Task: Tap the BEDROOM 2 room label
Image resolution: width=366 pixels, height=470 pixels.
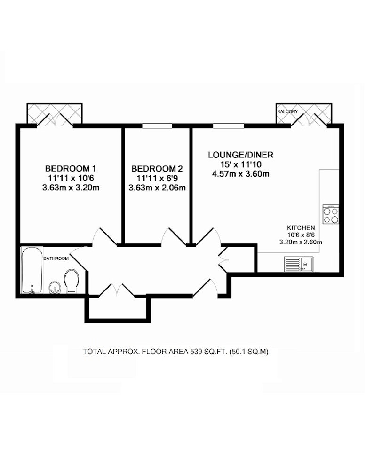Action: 157,169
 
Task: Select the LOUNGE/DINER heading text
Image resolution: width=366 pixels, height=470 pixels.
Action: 240,155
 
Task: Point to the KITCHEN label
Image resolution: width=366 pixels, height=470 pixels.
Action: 301,228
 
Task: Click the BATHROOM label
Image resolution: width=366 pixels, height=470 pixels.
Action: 56,258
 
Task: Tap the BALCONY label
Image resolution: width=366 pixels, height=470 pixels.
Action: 288,112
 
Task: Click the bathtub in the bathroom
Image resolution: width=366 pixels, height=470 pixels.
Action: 32,270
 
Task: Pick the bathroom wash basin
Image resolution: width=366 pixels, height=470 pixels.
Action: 55,288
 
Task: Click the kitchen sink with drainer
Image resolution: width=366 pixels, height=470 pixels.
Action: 298,264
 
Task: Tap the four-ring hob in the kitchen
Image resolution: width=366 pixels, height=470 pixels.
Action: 331,214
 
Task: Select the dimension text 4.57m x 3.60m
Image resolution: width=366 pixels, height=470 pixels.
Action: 240,174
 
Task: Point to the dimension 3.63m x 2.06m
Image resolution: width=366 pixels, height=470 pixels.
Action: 157,188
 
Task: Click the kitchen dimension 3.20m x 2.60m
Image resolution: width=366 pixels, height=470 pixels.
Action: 301,242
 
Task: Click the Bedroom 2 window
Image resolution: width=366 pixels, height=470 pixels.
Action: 157,125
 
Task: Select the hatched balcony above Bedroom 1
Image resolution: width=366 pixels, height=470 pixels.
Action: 55,113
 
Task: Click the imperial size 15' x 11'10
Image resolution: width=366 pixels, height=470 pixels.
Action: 240,164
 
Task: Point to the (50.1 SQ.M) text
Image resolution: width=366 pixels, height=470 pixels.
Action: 249,351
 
